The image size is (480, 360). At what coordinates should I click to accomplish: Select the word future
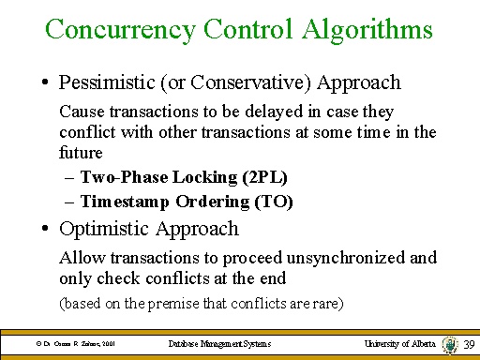80,152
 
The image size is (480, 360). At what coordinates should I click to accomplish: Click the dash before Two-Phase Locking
71,177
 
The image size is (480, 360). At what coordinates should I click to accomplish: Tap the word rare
329,303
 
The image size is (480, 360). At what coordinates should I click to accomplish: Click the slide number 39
469,345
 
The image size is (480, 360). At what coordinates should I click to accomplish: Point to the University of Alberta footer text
400,345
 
